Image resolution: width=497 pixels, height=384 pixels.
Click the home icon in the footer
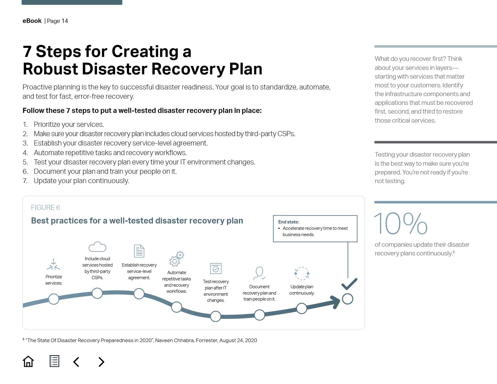(28, 361)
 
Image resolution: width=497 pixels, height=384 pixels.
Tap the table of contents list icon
(54, 361)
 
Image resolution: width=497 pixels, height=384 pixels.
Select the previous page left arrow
(76, 362)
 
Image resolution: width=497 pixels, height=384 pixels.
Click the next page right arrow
(101, 362)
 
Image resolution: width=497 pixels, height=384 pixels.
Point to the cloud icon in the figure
(97, 247)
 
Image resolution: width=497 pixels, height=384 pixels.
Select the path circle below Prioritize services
(54, 299)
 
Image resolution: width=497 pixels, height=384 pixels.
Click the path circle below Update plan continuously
(302, 308)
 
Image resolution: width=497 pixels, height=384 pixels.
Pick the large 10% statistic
(400, 223)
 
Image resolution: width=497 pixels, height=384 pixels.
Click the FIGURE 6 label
(45, 208)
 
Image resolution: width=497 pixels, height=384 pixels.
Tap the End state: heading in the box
(289, 222)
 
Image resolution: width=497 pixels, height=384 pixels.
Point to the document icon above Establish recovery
(139, 251)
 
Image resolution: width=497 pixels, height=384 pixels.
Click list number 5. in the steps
(25, 162)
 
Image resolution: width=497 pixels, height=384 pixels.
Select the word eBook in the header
(32, 21)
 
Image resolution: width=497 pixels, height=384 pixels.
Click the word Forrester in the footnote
(206, 340)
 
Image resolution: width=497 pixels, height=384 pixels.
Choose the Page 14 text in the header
(57, 21)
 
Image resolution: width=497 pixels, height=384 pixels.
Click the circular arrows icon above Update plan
(302, 273)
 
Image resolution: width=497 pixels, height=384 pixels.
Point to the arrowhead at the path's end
(335, 302)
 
